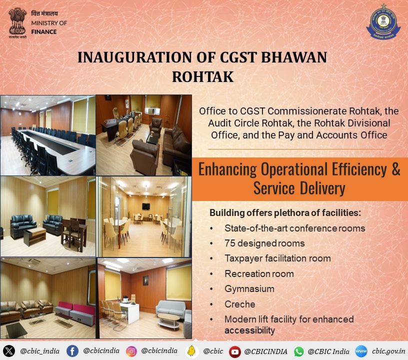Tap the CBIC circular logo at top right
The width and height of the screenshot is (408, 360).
[x=383, y=22]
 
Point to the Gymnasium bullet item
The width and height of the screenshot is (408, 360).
[x=249, y=289]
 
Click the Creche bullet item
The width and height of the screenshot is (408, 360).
[x=239, y=304]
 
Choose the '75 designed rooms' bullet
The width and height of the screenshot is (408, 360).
[x=264, y=243]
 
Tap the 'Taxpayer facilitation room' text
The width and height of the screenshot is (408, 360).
[x=277, y=258]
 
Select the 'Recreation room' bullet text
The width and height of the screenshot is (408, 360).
[x=259, y=274]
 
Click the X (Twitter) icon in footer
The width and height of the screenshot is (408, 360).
[x=9, y=351]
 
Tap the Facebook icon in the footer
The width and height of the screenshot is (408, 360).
[x=72, y=351]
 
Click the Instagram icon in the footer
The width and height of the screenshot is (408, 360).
[x=131, y=351]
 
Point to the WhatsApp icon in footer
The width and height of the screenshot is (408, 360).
[x=299, y=351]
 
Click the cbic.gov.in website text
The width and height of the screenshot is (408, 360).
[x=388, y=351]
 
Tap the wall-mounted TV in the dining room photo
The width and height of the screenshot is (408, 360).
[x=145, y=206]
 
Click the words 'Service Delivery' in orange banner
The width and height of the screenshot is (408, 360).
[x=299, y=189]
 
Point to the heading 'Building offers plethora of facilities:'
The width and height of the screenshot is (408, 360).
[x=285, y=213]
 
